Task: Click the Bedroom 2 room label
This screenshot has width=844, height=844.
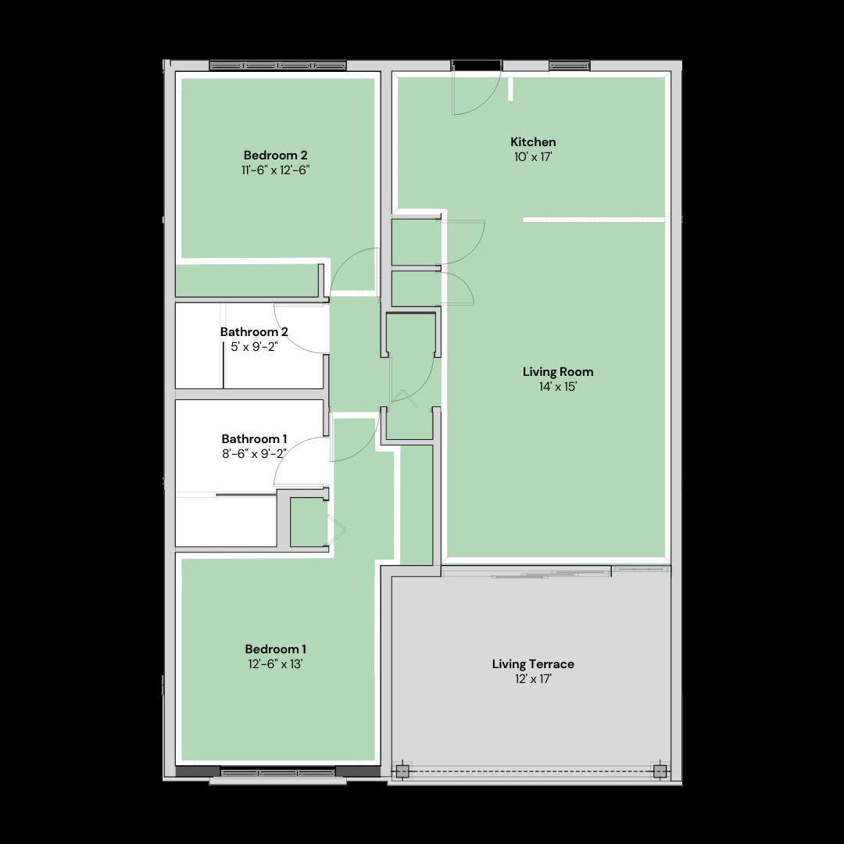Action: [275, 154]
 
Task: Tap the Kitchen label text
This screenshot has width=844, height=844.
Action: [533, 141]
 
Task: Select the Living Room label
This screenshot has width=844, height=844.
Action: [558, 371]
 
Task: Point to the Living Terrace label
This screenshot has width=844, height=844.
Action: [533, 663]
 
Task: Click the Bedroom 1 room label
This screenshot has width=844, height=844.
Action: [275, 649]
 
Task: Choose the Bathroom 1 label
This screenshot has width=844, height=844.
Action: [254, 438]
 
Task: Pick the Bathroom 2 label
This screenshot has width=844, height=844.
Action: [254, 331]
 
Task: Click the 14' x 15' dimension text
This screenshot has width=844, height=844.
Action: [558, 387]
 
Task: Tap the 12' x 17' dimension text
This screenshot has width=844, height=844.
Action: [533, 679]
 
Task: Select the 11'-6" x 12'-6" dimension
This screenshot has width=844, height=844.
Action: [275, 170]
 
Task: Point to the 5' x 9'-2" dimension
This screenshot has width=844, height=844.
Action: [254, 346]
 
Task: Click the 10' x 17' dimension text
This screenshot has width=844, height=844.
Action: [533, 157]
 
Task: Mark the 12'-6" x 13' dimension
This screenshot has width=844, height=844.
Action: [275, 664]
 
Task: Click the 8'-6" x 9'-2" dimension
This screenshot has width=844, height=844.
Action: [254, 454]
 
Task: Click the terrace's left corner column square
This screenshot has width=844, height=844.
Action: [402, 771]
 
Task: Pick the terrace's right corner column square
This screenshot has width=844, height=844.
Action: [660, 771]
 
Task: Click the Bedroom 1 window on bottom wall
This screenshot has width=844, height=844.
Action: [278, 773]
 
